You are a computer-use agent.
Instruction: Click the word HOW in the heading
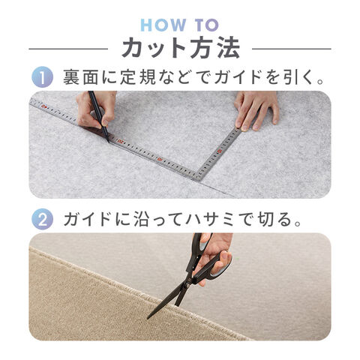click(x=163, y=25)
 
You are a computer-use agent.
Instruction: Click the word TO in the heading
click(x=207, y=25)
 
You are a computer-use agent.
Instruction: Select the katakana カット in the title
click(x=153, y=47)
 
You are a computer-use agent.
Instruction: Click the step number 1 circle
click(x=42, y=76)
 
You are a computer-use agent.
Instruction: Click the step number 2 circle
click(x=42, y=219)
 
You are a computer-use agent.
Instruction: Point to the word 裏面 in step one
click(x=80, y=77)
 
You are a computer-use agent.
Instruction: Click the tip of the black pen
click(x=109, y=142)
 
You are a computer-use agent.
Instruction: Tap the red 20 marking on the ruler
click(x=121, y=142)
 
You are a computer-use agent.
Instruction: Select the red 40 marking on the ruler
click(x=44, y=106)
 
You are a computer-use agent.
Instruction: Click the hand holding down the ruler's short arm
click(x=256, y=110)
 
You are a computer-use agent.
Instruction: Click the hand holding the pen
click(x=97, y=109)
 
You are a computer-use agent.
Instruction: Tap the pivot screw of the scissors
click(x=187, y=286)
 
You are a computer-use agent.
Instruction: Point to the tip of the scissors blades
click(x=148, y=319)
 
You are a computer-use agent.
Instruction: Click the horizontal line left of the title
click(x=68, y=49)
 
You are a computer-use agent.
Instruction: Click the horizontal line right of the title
click(x=292, y=49)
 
